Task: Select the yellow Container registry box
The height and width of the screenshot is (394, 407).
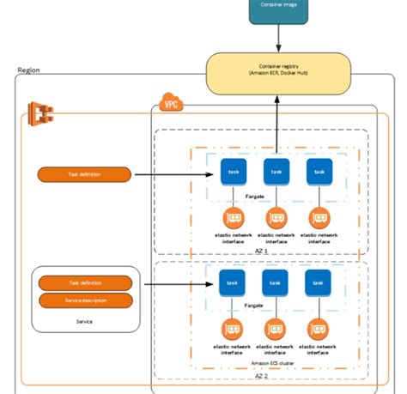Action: click(x=277, y=73)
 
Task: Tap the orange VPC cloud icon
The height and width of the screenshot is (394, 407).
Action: click(x=170, y=106)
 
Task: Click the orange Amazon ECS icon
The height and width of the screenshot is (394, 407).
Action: click(x=39, y=112)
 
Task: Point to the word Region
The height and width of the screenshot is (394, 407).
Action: click(x=28, y=70)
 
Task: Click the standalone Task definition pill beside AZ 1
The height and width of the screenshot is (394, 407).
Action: click(x=84, y=174)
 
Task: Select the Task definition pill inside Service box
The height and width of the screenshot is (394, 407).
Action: click(x=84, y=282)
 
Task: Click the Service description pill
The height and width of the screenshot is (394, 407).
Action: click(x=84, y=300)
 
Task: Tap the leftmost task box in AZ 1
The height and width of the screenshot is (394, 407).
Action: click(x=234, y=172)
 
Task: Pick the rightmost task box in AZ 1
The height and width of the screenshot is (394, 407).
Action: click(x=319, y=172)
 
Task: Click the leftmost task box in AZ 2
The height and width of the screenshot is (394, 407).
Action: click(x=232, y=282)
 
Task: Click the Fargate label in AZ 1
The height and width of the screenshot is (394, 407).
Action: click(x=255, y=196)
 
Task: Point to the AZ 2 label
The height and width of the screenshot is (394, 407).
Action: click(x=261, y=375)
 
